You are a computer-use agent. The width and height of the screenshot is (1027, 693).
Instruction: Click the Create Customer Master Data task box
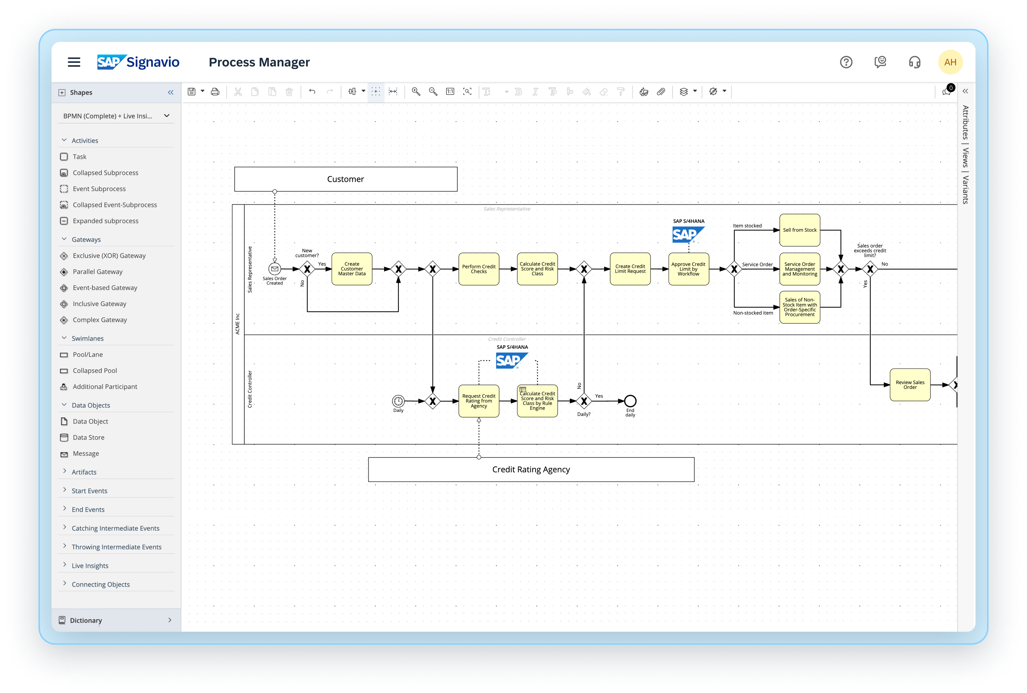[352, 269]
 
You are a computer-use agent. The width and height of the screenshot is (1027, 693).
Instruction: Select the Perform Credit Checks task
[479, 269]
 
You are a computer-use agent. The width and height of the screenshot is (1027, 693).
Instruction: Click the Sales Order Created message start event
[274, 269]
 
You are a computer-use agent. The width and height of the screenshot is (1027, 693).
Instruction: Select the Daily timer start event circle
[398, 401]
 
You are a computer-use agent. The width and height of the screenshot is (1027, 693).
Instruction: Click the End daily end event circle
[630, 401]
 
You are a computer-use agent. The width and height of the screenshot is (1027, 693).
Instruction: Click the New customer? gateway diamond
[307, 269]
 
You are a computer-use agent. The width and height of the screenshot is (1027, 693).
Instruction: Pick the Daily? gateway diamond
[584, 401]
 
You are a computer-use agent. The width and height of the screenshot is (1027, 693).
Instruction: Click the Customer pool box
[346, 179]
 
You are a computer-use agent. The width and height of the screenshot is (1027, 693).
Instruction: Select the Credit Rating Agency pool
[531, 469]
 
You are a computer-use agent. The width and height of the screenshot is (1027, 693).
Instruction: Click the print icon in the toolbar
[215, 91]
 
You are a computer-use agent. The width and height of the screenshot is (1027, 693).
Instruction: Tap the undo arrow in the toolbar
[312, 91]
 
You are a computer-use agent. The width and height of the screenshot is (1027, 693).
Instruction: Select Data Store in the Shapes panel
[88, 437]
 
